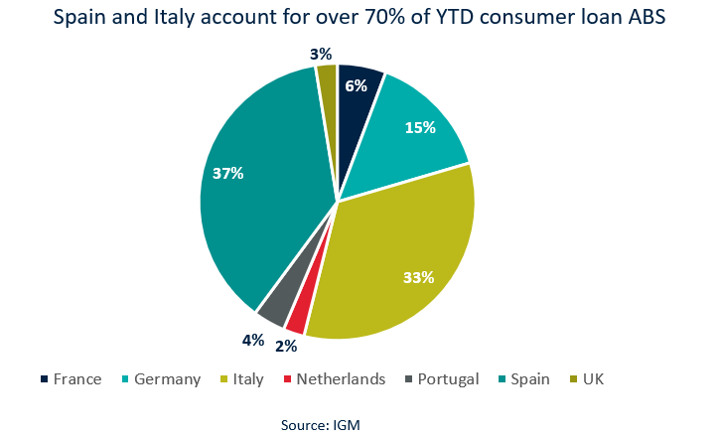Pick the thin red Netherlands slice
point(295,318)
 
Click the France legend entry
point(72,378)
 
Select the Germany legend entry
point(159,378)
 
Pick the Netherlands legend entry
point(331,378)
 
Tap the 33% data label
point(418,277)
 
